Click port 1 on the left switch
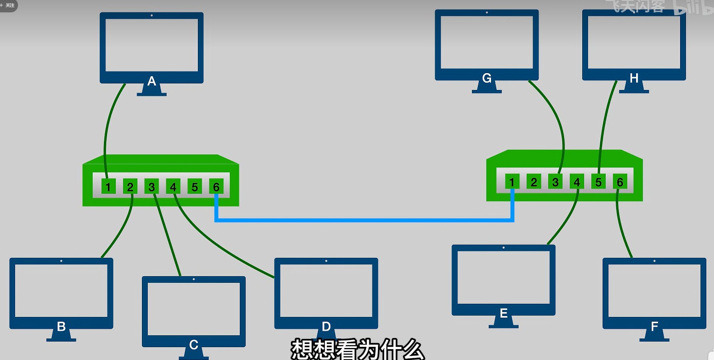[x=108, y=187]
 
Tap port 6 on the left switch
[x=216, y=187]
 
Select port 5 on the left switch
[x=195, y=187]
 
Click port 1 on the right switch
[x=512, y=182]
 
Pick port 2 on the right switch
[x=533, y=182]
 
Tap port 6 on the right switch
[x=620, y=182]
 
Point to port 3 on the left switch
[x=151, y=187]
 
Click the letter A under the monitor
[x=151, y=81]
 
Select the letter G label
[x=487, y=78]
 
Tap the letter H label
[x=634, y=78]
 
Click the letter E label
[x=503, y=313]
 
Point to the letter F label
[x=654, y=326]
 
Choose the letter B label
[x=61, y=326]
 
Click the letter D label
[x=326, y=326]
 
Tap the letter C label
[x=193, y=344]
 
